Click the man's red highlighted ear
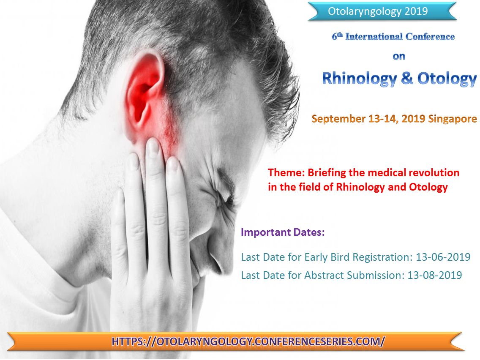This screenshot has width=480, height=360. click(144, 91)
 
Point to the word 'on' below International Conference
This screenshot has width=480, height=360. click(398, 56)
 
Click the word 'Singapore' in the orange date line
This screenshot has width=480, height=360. click(452, 119)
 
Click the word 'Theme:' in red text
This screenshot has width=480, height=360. click(286, 173)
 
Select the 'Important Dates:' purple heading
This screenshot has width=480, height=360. click(283, 232)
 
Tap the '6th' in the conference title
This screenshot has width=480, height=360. click(337, 36)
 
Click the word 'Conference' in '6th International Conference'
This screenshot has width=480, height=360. click(430, 37)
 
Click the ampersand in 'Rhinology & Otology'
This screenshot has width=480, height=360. click(407, 79)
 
